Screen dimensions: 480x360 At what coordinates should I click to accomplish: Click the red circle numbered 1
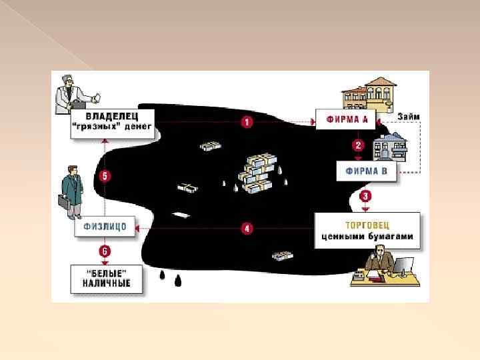pyautogui.click(x=247, y=123)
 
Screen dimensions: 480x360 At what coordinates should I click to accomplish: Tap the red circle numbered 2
pyautogui.click(x=358, y=145)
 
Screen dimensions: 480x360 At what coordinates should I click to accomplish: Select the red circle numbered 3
pyautogui.click(x=364, y=196)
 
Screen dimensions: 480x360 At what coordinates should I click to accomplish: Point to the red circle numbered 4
pyautogui.click(x=247, y=229)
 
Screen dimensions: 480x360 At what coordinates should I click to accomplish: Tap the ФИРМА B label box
pyautogui.click(x=367, y=171)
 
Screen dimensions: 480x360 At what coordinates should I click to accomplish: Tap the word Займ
pyautogui.click(x=408, y=117)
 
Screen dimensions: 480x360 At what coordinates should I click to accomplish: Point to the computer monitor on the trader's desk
pyautogui.click(x=403, y=264)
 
